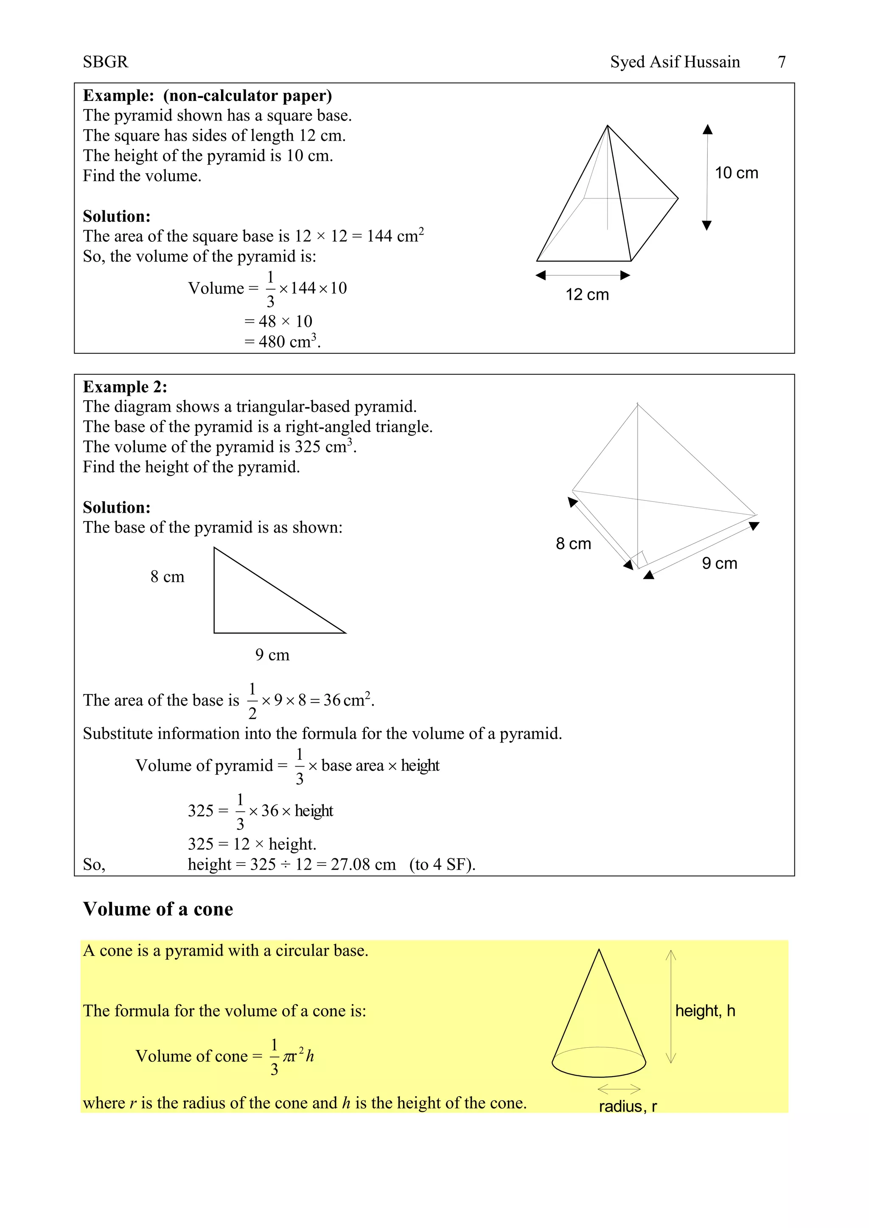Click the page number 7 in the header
point(781,62)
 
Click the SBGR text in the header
point(105,62)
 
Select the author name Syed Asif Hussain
point(675,62)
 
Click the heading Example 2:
point(125,387)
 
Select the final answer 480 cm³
point(289,341)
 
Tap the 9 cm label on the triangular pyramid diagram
point(719,563)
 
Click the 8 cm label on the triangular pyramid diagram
point(573,544)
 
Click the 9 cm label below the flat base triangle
point(272,655)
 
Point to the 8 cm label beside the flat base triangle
point(167,577)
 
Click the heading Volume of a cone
point(158,909)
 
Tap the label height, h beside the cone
point(705,1010)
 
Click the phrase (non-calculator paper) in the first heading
point(247,96)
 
